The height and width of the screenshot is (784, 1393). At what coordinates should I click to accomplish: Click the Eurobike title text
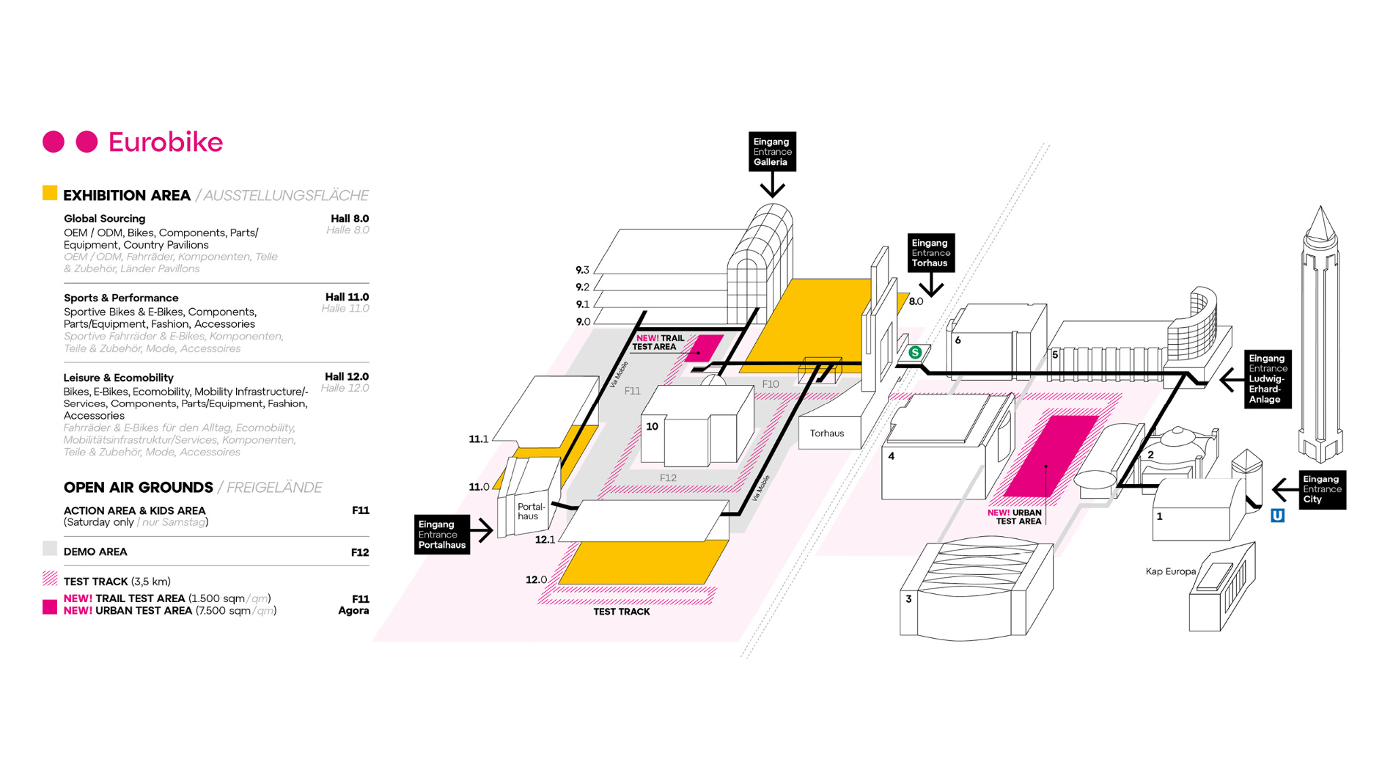coord(165,142)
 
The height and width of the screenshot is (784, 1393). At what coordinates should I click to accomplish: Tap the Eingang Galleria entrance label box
coord(771,152)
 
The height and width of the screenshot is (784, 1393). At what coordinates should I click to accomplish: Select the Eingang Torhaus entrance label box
coord(930,252)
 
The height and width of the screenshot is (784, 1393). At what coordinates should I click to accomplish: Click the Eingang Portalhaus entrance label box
coord(441,535)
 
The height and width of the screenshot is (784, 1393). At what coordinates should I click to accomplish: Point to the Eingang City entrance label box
coord(1321,489)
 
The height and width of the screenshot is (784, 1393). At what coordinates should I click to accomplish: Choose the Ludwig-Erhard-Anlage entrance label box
coord(1267,379)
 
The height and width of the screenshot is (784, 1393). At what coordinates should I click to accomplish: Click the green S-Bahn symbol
coord(915,353)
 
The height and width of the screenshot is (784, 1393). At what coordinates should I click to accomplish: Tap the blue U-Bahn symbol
coord(1277,516)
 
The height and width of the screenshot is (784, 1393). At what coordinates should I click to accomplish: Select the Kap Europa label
coord(1170,571)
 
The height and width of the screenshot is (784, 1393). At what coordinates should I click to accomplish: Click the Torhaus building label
coord(826,433)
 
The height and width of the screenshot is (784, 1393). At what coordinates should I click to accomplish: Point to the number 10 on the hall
coord(652,426)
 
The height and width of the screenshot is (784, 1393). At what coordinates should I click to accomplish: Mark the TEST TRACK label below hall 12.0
coord(621,612)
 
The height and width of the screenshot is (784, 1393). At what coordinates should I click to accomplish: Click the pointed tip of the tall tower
coord(1320,210)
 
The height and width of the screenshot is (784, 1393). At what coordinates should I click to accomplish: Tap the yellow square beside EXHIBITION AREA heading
coord(50,194)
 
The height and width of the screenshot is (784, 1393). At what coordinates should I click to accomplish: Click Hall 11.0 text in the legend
coord(347,297)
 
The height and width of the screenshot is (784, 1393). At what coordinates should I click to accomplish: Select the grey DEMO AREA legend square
coord(50,549)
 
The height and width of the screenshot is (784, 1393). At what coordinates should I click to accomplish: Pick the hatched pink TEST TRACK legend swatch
coord(50,579)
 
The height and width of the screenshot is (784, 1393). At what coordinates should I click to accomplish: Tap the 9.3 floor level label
coord(582,270)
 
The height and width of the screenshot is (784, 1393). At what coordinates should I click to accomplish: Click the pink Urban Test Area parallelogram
coord(1050,456)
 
